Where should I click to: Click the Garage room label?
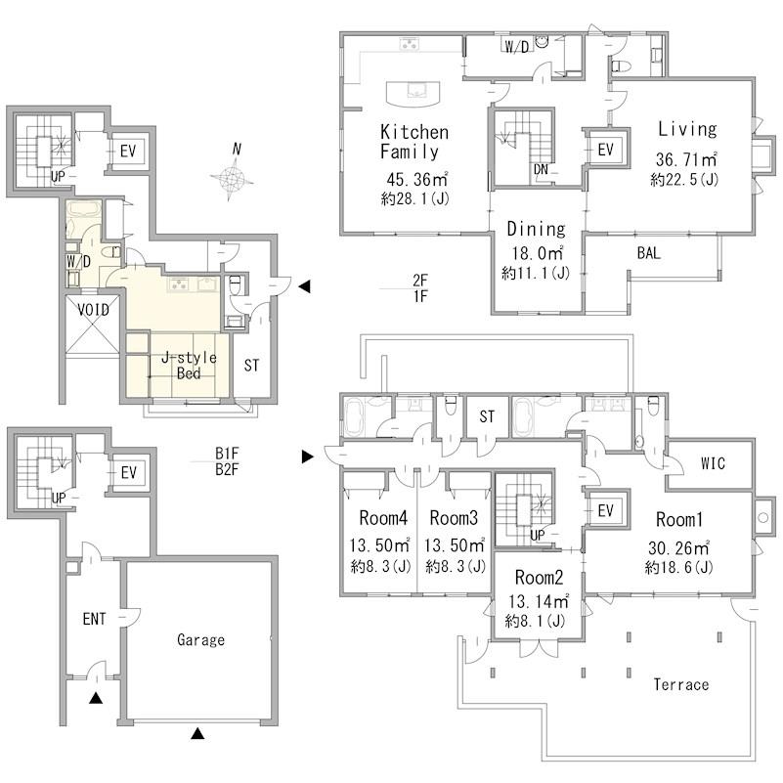point(200,640)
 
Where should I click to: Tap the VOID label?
point(93,310)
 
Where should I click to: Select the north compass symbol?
point(232,172)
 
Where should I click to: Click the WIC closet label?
point(713,463)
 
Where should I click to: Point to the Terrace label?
point(681,684)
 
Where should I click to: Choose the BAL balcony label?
point(649,252)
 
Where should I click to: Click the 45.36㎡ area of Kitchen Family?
point(417,179)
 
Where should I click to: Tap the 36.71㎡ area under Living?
point(686,159)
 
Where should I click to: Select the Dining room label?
point(536,229)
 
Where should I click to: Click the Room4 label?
point(383,518)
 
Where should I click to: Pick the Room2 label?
point(539,578)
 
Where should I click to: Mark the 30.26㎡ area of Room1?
point(678,547)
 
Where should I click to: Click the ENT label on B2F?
point(94,619)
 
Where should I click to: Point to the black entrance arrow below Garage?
point(198,733)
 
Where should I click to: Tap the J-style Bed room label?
point(189,365)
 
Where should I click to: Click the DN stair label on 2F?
point(541,169)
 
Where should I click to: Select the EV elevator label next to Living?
point(605,149)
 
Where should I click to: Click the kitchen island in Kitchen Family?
point(413,94)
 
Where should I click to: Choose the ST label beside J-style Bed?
point(251,366)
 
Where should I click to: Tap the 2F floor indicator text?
point(420,281)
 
